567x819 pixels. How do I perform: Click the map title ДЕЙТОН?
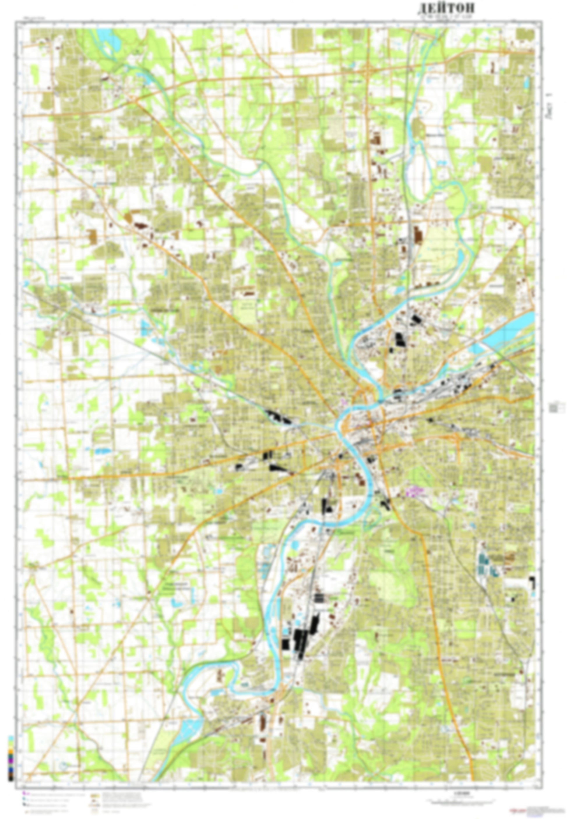click(x=446, y=8)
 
